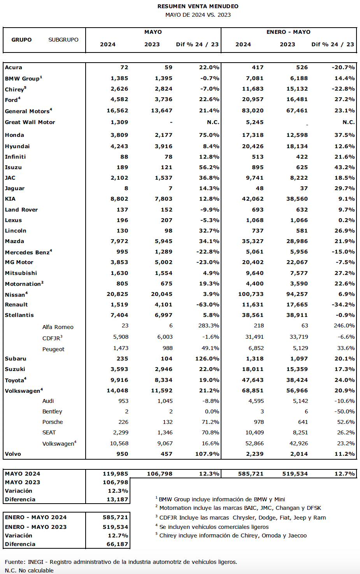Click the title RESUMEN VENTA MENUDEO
198,6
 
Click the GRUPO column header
21,40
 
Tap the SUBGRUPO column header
63,40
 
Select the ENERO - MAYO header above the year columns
288,32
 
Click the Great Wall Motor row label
30,122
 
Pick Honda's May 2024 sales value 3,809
119,135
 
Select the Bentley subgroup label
52,411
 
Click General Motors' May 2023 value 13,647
162,110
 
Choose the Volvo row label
13,454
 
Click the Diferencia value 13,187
117,499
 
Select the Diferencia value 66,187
117,544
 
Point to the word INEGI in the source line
35,562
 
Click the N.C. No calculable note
29,570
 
